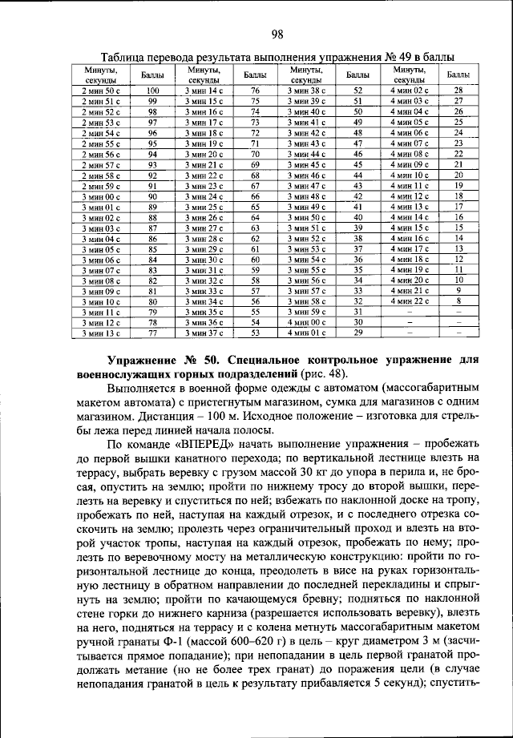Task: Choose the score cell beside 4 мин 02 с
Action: coord(458,91)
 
